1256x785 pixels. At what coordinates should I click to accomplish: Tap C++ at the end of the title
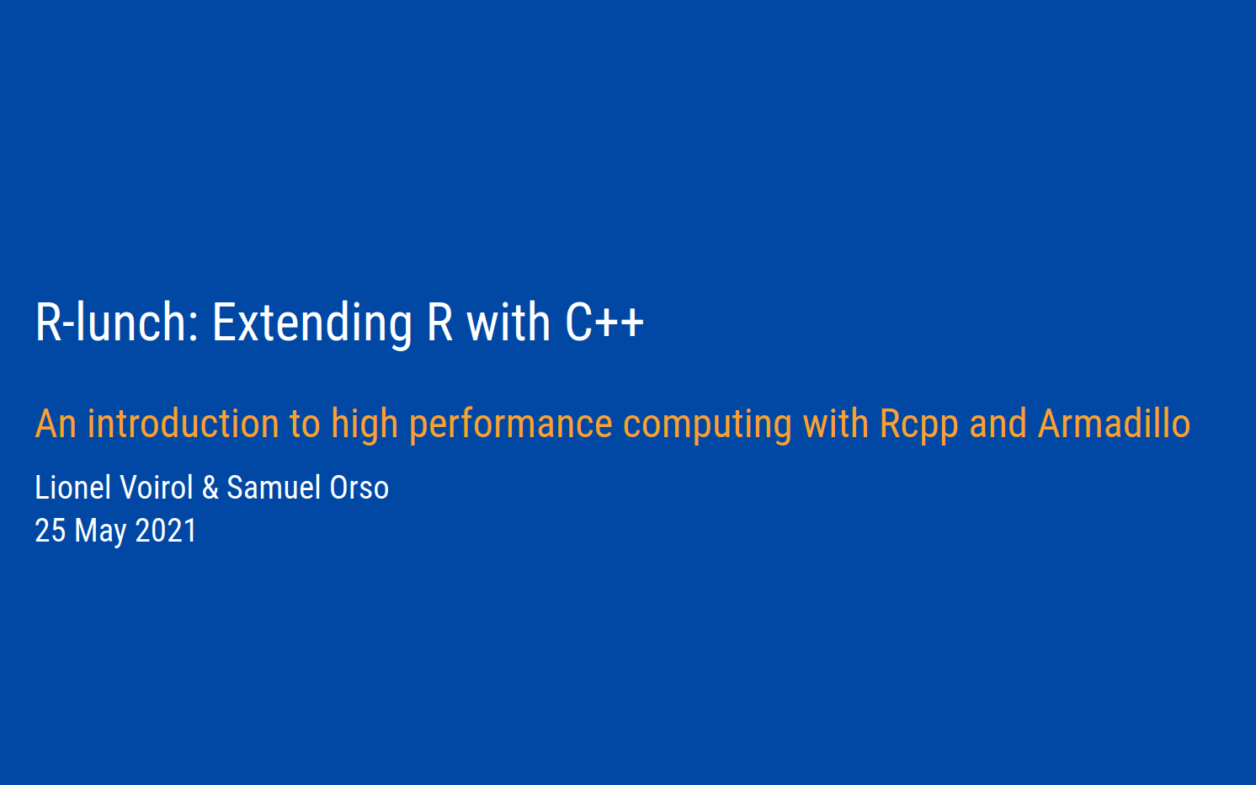coord(604,322)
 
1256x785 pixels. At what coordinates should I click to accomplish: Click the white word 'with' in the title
coord(508,322)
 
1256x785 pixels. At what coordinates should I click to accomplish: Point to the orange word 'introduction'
coord(184,424)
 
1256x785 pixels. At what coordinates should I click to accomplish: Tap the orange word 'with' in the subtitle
coord(835,424)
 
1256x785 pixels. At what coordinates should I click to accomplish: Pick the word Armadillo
coord(1114,424)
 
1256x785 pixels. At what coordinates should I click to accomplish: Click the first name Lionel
coord(73,487)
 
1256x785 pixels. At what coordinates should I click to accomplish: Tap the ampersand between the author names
coord(210,487)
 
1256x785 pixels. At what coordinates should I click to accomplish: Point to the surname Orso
coord(359,487)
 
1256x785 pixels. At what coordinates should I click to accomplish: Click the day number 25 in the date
coord(51,531)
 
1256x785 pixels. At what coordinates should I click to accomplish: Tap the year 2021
coord(166,531)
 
